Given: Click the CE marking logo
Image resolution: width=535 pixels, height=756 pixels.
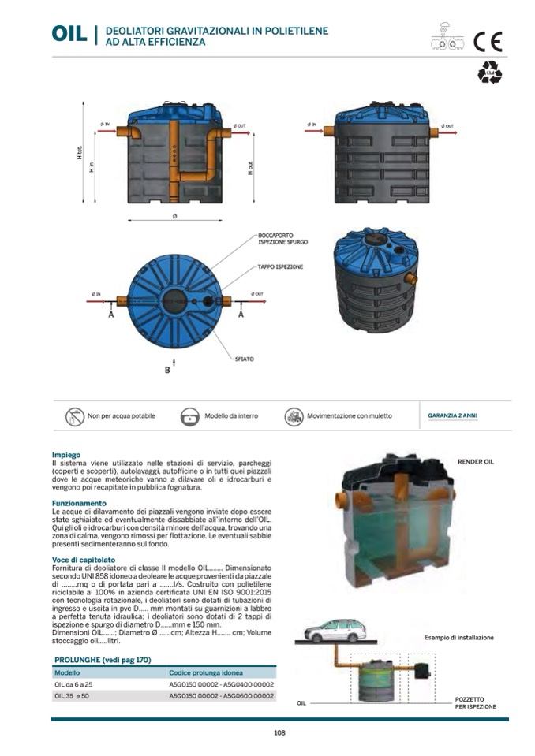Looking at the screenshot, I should click(487, 41).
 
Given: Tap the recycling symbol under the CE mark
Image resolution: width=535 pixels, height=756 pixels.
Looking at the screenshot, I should click(488, 73).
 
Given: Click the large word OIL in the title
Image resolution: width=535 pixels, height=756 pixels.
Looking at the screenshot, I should click(69, 34).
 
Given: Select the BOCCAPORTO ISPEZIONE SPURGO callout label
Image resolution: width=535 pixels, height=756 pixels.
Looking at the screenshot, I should click(279, 238).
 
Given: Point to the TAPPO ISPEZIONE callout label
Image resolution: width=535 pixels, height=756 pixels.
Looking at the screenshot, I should click(280, 267).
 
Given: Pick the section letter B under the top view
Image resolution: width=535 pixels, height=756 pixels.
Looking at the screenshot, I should click(167, 369).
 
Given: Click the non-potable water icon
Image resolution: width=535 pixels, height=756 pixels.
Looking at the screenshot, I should click(75, 416).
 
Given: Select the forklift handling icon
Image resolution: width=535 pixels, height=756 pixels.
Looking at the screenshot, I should click(294, 416).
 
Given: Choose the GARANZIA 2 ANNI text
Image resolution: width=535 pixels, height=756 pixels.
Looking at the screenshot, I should click(452, 415).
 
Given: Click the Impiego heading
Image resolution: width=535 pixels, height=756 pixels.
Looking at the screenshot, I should click(66, 455).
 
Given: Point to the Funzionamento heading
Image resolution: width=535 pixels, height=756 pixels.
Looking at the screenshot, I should click(79, 502).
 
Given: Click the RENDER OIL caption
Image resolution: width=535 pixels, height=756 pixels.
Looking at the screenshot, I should click(475, 462).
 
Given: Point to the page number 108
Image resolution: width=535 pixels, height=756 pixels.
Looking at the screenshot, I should click(279, 733).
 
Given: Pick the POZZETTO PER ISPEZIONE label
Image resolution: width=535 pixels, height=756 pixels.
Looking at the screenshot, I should click(476, 702).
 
